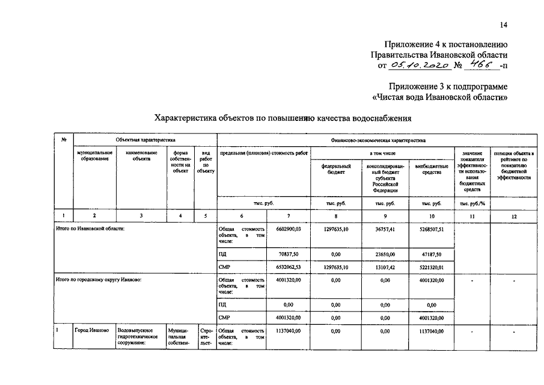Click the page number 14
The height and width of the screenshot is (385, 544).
503,25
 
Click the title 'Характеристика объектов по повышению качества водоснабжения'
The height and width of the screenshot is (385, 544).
283,119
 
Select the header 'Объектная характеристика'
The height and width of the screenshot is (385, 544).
142,140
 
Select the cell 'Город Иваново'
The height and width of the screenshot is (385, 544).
91,331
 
